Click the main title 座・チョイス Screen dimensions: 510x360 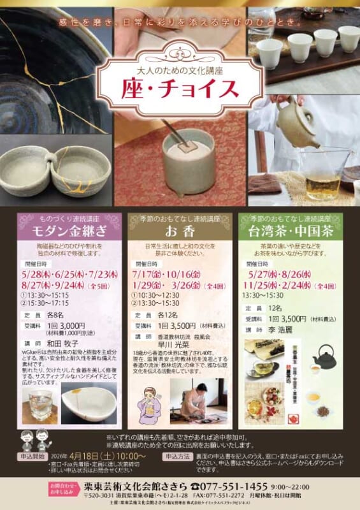click(x=180, y=89)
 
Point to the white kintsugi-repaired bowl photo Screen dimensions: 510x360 click(x=91, y=404)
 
